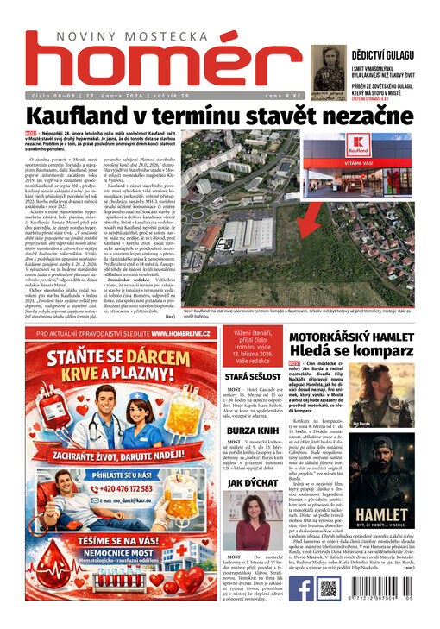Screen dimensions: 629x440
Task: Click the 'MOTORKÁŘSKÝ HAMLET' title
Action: click(362, 333)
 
